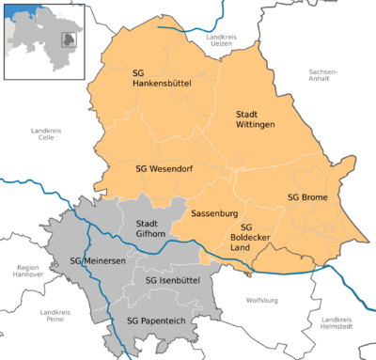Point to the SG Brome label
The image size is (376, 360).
(x=306, y=196)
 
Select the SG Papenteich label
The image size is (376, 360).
(x=156, y=321)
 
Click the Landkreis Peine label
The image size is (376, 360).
(x=57, y=317)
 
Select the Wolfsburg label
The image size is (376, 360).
(x=262, y=300)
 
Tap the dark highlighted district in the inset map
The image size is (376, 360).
(x=69, y=39)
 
